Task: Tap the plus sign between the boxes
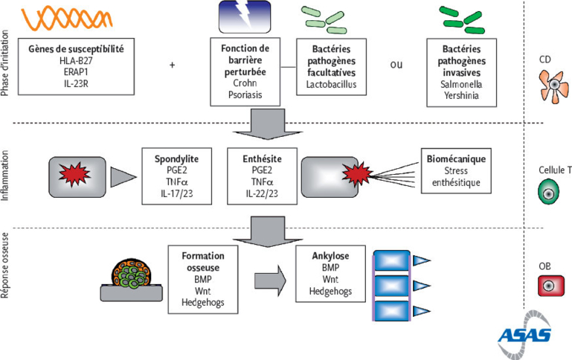click(172, 65)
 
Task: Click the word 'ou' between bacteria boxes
click(396, 65)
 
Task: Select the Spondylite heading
click(179, 158)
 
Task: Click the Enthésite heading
click(260, 158)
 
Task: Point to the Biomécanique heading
click(455, 158)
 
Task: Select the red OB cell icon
click(550, 286)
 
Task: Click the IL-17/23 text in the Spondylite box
click(179, 193)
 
